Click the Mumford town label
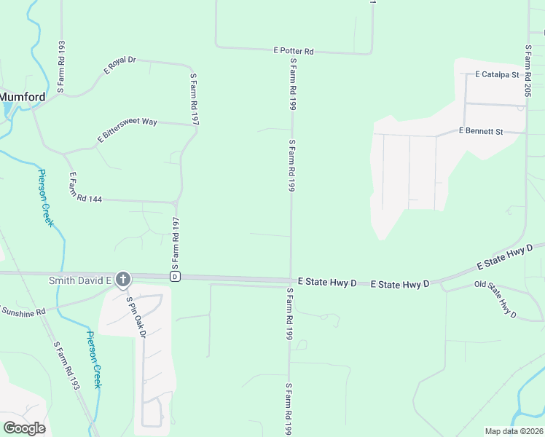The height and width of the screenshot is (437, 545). pyautogui.click(x=22, y=96)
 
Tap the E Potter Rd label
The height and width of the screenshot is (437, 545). pyautogui.click(x=294, y=51)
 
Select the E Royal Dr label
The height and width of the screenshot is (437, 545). pyautogui.click(x=120, y=66)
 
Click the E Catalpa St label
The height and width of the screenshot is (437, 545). pyautogui.click(x=496, y=74)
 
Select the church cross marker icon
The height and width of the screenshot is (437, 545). pyautogui.click(x=123, y=279)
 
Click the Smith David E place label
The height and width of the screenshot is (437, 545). pyautogui.click(x=79, y=280)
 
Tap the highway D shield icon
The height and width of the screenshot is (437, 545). pyautogui.click(x=175, y=277)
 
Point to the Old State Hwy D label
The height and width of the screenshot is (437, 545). pyautogui.click(x=495, y=299)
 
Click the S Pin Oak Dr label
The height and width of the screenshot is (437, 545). pyautogui.click(x=136, y=318)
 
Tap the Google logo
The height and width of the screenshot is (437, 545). pyautogui.click(x=24, y=428)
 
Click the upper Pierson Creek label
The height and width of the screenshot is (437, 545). pyautogui.click(x=45, y=197)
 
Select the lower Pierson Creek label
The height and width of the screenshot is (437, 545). pyautogui.click(x=93, y=360)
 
